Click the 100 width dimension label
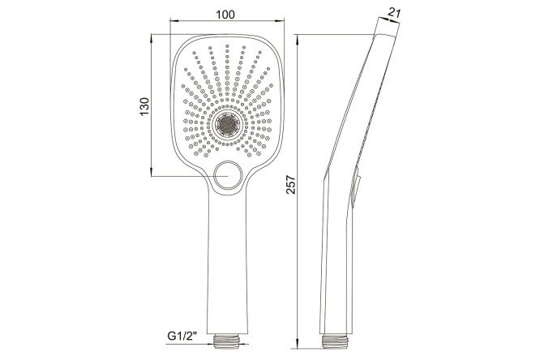[x=225, y=15]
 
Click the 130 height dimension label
[x=144, y=107]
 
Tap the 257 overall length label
[x=291, y=185]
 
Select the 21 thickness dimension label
[x=393, y=13]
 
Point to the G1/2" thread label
[x=182, y=336]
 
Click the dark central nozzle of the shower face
[x=227, y=124]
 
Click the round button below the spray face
[x=227, y=176]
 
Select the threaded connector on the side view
[x=336, y=342]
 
